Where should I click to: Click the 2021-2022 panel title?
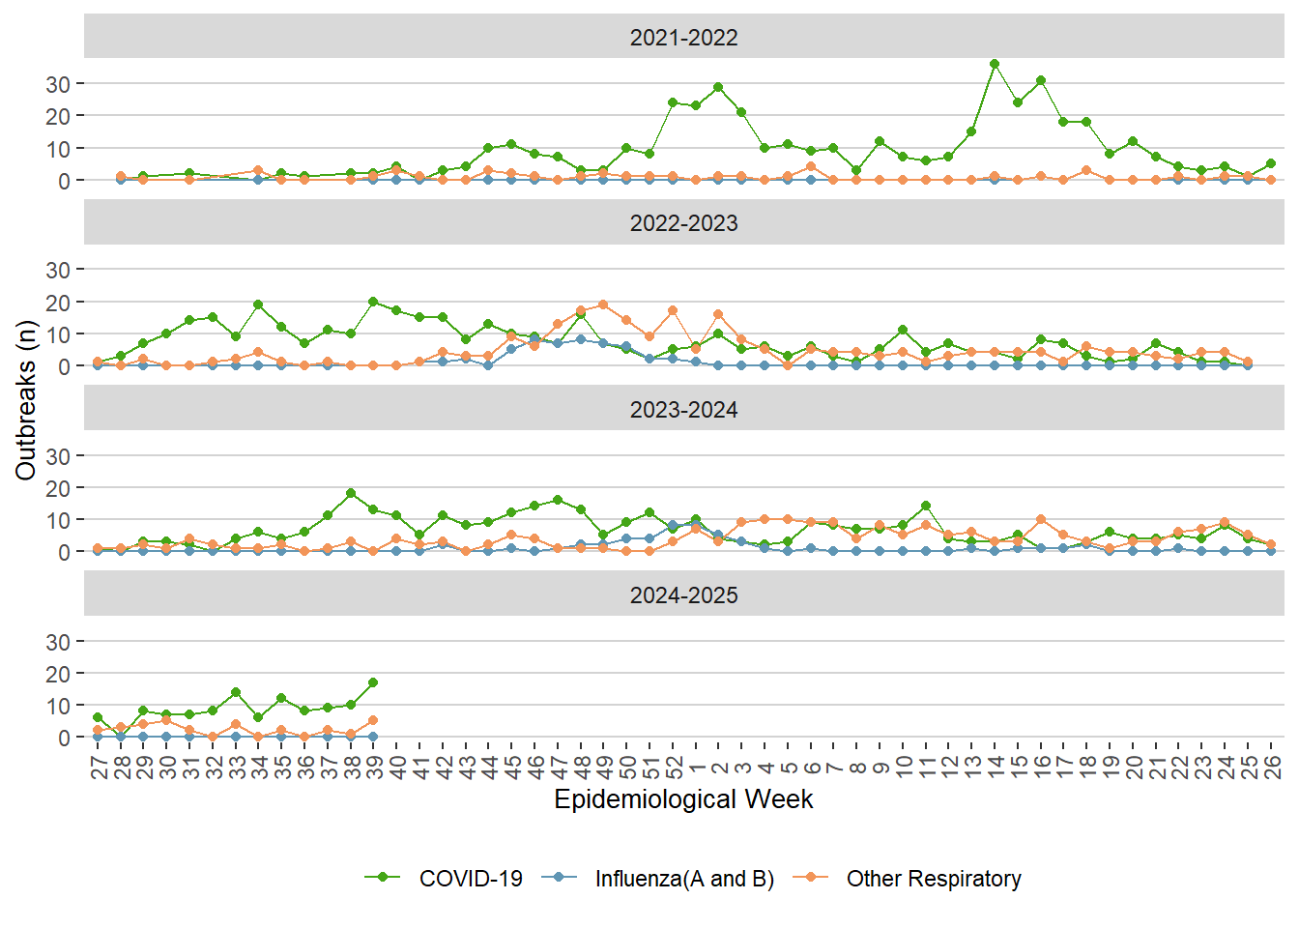[683, 38]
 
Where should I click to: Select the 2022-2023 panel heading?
[683, 223]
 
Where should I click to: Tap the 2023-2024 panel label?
[683, 410]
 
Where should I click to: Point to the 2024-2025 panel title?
[683, 595]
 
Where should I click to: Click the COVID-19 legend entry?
[470, 879]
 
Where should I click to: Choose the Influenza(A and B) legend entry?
[683, 879]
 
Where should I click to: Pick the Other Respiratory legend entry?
[933, 879]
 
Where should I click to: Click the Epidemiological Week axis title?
[683, 799]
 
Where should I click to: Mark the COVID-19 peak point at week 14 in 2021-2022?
[995, 64]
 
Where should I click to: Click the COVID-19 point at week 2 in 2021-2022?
[718, 87]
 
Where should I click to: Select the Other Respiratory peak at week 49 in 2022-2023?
[603, 304]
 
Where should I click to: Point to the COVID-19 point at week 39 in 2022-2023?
[373, 302]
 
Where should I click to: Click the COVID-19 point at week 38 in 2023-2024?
[351, 493]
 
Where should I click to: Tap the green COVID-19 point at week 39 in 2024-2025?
[373, 682]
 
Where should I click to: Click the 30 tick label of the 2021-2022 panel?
[58, 84]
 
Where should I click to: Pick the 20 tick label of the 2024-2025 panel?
[58, 674]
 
